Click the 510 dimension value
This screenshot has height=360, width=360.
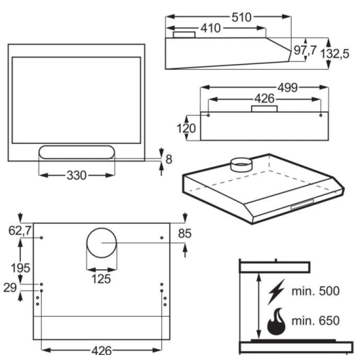click(x=241, y=17)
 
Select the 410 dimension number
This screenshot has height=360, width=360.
click(x=210, y=28)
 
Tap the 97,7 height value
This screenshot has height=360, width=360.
click(x=305, y=50)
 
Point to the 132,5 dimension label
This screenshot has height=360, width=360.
click(x=335, y=53)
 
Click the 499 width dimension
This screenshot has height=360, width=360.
click(x=288, y=88)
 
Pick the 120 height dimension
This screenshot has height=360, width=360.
click(x=186, y=128)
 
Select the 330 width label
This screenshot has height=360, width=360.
click(x=76, y=176)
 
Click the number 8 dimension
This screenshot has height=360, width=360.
click(x=169, y=159)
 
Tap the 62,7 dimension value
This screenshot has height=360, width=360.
click(x=19, y=230)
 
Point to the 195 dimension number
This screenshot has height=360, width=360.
click(x=21, y=268)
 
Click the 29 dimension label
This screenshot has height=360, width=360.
click(x=10, y=287)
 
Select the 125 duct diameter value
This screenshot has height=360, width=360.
click(x=101, y=279)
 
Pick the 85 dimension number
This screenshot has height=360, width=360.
click(x=185, y=233)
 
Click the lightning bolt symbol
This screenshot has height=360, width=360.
click(x=276, y=292)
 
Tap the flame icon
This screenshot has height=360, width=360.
click(x=276, y=323)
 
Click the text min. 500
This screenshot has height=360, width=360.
click(x=315, y=291)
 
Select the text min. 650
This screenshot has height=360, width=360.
click(x=315, y=320)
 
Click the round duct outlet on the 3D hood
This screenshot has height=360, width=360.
click(x=241, y=165)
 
